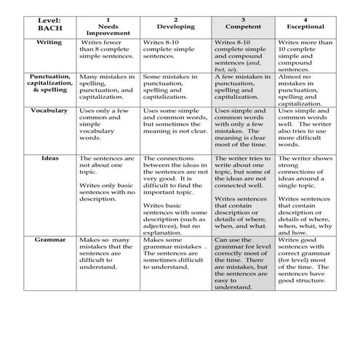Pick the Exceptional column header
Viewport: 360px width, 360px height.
point(306,26)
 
